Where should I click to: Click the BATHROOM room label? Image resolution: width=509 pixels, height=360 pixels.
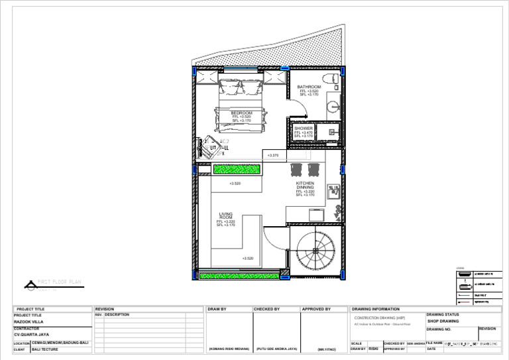[309, 87]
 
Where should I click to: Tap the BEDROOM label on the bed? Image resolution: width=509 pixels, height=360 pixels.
[242, 113]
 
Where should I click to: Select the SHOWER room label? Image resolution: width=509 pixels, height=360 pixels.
[304, 129]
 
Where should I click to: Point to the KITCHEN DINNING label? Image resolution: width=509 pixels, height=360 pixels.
[305, 185]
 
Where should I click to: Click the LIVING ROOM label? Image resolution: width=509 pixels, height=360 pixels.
[226, 216]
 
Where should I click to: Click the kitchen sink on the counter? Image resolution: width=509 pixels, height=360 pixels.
[333, 192]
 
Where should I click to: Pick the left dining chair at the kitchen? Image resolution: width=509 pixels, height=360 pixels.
[296, 168]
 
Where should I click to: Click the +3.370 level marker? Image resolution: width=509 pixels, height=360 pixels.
[272, 156]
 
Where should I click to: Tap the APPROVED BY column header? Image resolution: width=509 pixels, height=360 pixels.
[317, 309]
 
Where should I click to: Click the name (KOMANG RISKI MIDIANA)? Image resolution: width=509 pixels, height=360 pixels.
[229, 349]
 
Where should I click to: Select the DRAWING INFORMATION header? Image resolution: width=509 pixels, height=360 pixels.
[376, 309]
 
